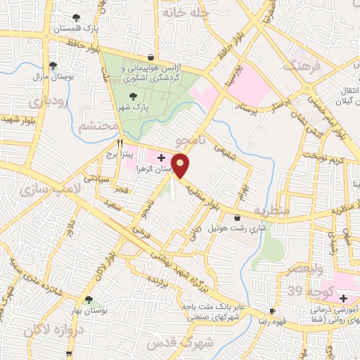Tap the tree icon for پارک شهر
133,94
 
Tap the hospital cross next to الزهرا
161,157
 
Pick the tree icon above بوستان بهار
88,300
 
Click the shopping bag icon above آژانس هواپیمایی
150,58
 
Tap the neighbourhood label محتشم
97,127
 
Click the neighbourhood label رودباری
49,101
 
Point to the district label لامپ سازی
41,190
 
